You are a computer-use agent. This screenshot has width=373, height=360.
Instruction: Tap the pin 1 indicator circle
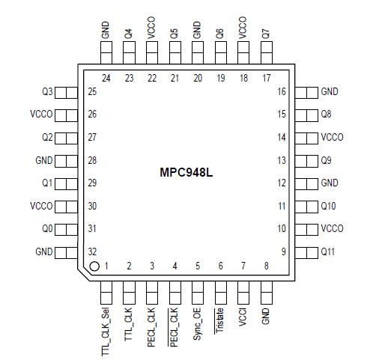click(94, 266)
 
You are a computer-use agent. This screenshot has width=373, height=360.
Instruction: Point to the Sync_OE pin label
click(197, 323)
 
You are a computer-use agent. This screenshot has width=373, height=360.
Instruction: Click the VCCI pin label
click(243, 317)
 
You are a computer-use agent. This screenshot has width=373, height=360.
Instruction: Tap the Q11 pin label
click(329, 252)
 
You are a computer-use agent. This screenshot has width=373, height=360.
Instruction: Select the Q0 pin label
click(46, 229)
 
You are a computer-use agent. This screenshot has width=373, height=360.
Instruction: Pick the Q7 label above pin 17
click(266, 34)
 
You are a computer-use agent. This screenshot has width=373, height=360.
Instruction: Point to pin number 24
click(106, 77)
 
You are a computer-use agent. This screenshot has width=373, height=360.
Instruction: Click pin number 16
click(282, 92)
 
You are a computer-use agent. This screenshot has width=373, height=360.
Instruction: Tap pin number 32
click(92, 252)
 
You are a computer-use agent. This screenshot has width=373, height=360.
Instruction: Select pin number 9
click(284, 252)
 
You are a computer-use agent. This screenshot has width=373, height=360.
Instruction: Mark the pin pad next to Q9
click(306, 161)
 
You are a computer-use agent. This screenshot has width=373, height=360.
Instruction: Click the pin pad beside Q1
click(67, 183)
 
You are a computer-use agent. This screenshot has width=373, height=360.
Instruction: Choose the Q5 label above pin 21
click(174, 34)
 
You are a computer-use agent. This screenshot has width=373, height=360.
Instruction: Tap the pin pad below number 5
click(197, 287)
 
